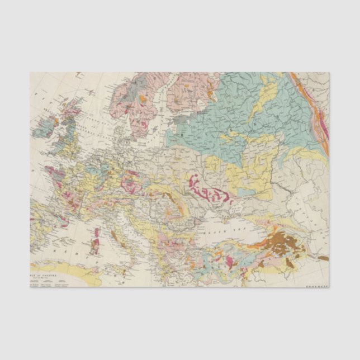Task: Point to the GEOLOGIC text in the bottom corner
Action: [317, 285]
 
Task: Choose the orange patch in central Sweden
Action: [143, 98]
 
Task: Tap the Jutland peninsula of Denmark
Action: [120, 130]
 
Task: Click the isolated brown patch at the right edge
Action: [323, 258]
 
